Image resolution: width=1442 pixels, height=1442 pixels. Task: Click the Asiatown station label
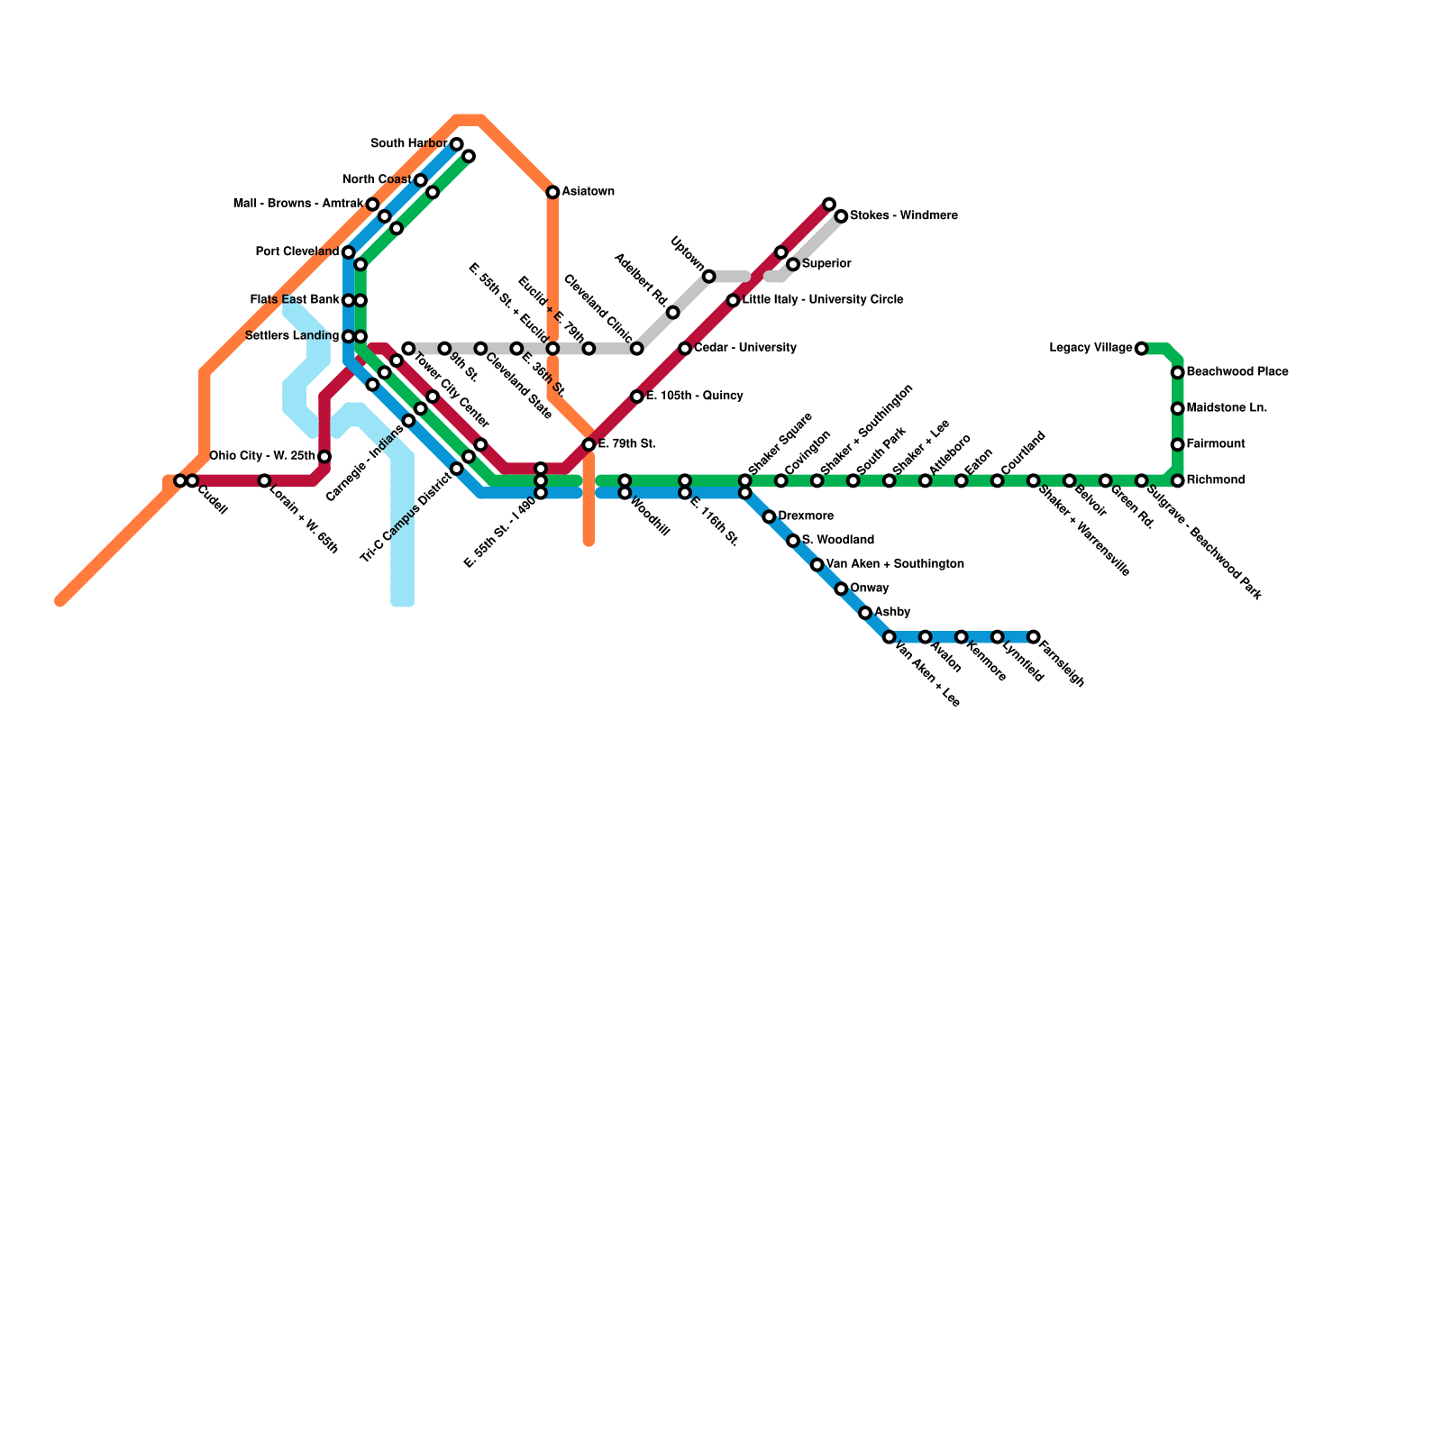click(x=588, y=192)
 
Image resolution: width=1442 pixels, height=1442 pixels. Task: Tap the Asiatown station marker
click(x=552, y=193)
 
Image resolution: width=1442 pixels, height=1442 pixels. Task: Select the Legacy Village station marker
click(x=1141, y=349)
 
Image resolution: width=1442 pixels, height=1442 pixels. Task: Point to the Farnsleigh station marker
click(x=1033, y=637)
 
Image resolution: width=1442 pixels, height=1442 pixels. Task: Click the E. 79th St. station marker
click(x=589, y=444)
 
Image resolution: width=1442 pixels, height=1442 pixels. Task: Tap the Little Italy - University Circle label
click(x=822, y=300)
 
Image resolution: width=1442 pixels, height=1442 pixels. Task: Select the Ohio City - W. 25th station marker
click(x=324, y=457)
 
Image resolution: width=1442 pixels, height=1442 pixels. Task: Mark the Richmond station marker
click(x=1177, y=480)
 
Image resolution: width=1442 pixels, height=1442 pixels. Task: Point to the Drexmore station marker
click(x=769, y=516)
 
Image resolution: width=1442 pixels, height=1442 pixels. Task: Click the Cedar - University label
click(x=744, y=348)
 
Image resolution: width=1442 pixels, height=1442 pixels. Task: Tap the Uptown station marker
click(x=709, y=277)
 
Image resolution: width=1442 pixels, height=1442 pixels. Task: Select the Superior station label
click(x=826, y=264)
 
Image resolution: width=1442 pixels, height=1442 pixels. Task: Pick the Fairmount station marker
click(x=1177, y=444)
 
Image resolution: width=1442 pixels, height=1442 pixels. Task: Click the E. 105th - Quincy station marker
click(x=636, y=397)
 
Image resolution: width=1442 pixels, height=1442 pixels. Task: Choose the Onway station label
click(x=869, y=589)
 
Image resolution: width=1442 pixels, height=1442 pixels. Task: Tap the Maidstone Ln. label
click(x=1226, y=408)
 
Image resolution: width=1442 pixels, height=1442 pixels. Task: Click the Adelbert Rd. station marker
click(x=672, y=313)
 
